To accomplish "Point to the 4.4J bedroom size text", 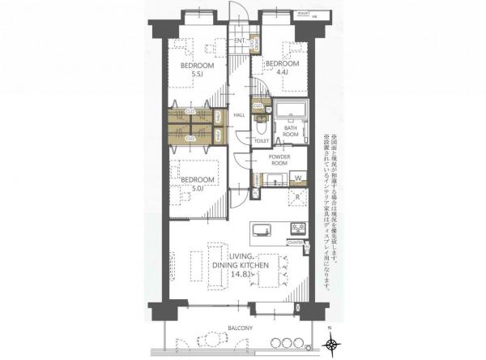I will (x=283, y=72).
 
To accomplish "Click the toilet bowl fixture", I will (x=262, y=125).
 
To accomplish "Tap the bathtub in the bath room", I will (x=289, y=113).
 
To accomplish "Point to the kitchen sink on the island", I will (x=263, y=229).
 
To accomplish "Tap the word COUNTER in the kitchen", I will (x=294, y=242).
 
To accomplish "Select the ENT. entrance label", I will (x=240, y=41).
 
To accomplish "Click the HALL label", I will (x=239, y=115).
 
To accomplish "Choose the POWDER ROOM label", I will (x=279, y=159).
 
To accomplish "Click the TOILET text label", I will (x=261, y=140).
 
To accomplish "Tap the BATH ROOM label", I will (x=292, y=133).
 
